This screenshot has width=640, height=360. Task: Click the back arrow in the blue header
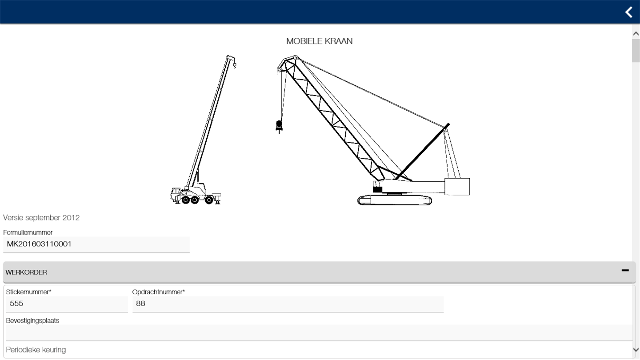click(x=629, y=12)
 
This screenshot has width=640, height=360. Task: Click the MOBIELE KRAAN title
click(x=320, y=41)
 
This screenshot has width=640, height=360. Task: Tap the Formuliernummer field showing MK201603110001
click(x=96, y=244)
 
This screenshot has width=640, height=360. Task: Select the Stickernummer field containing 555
click(x=67, y=304)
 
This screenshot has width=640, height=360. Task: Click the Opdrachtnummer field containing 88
click(x=288, y=304)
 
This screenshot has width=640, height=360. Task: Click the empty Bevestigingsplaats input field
click(x=319, y=333)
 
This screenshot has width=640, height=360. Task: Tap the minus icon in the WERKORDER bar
click(x=625, y=270)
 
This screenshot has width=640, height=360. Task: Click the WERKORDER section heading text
click(x=26, y=272)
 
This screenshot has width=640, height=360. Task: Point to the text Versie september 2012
click(x=41, y=218)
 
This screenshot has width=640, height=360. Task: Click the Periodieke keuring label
click(x=36, y=350)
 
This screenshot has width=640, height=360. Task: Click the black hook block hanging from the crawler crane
click(x=279, y=126)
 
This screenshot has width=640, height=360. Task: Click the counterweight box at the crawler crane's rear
click(x=457, y=187)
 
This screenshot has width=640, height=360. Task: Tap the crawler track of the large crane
click(x=395, y=200)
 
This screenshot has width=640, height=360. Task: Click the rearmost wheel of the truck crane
click(x=209, y=200)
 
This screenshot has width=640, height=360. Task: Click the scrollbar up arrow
click(x=636, y=34)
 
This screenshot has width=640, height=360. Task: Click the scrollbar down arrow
click(x=636, y=350)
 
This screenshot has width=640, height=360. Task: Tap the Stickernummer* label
click(x=28, y=292)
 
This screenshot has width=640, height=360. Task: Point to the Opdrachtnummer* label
click(x=159, y=292)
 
